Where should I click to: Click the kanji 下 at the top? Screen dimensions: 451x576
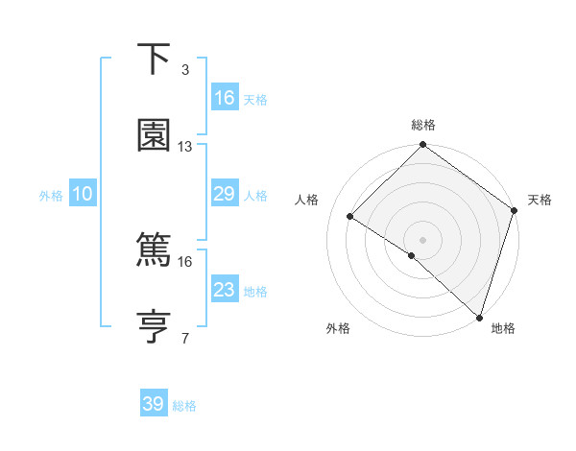(155, 60)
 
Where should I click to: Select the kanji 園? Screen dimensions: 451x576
(155, 135)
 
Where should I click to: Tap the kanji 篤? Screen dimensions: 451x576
(155, 249)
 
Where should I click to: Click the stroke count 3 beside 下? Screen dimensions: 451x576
(185, 70)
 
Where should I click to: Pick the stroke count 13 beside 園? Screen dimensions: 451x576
(185, 147)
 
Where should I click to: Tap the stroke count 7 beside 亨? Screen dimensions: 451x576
(185, 338)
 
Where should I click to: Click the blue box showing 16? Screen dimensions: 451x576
(225, 98)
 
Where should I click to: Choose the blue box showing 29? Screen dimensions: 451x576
(225, 195)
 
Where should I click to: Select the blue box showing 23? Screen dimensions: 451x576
(225, 290)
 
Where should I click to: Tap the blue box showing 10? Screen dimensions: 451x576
(83, 195)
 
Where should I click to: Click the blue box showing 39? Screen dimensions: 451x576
(154, 404)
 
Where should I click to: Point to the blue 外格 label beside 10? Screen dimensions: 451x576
(51, 196)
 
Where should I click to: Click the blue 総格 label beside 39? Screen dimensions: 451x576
(184, 406)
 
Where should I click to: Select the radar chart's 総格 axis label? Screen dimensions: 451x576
(423, 125)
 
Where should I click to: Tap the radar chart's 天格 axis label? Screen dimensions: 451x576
(540, 200)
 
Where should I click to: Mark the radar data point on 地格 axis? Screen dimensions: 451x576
(480, 317)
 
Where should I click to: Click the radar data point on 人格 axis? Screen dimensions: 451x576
(350, 216)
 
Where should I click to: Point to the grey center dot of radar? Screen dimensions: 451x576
(423, 239)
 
